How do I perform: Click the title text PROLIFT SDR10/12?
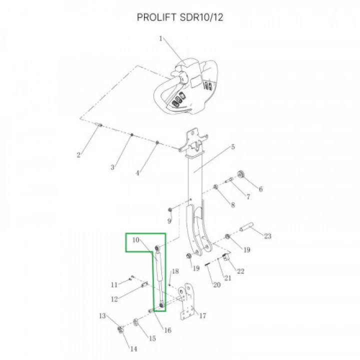click(180, 18)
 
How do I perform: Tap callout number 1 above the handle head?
click(161, 38)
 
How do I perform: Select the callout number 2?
click(78, 155)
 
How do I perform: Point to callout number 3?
click(112, 166)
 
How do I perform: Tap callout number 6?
click(260, 188)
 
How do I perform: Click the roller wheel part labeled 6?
click(242, 174)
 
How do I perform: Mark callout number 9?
click(169, 220)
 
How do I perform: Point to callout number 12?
click(114, 299)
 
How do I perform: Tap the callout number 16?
click(168, 330)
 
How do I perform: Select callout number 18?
click(174, 271)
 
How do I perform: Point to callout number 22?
click(240, 271)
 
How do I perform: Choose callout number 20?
click(216, 285)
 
